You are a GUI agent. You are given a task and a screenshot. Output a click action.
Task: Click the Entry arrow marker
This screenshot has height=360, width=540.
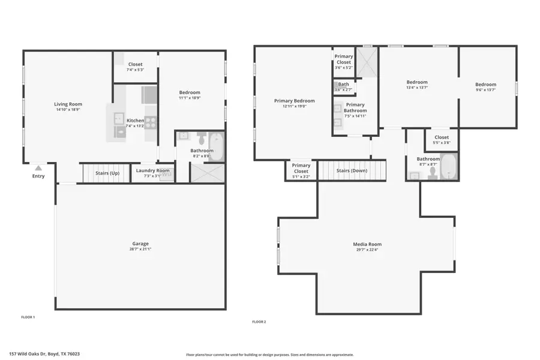coord(38,168)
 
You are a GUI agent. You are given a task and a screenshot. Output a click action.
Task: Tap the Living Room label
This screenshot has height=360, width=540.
coord(68,104)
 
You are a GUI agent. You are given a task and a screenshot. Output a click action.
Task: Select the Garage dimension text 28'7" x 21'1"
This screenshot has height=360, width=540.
coord(140,249)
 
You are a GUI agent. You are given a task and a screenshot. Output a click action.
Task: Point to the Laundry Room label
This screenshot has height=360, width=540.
coord(152,170)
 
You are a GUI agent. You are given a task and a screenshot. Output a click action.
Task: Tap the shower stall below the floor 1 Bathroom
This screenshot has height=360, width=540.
coord(207,173)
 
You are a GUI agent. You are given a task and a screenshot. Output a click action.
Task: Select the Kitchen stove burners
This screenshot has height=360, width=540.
coord(151,122)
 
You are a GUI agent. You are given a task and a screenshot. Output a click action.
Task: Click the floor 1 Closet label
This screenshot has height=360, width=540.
coord(136,64)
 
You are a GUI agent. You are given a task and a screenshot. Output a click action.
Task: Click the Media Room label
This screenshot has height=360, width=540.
coord(367,244)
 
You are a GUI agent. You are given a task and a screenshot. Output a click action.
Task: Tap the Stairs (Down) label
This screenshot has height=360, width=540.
coord(352,170)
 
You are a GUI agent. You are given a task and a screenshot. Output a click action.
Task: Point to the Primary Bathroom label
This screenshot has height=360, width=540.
coord(355,107)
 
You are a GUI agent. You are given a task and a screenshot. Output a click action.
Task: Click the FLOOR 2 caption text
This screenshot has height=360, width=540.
coord(259,322)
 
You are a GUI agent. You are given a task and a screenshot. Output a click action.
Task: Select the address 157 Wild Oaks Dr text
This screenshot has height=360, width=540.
coord(44,354)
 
